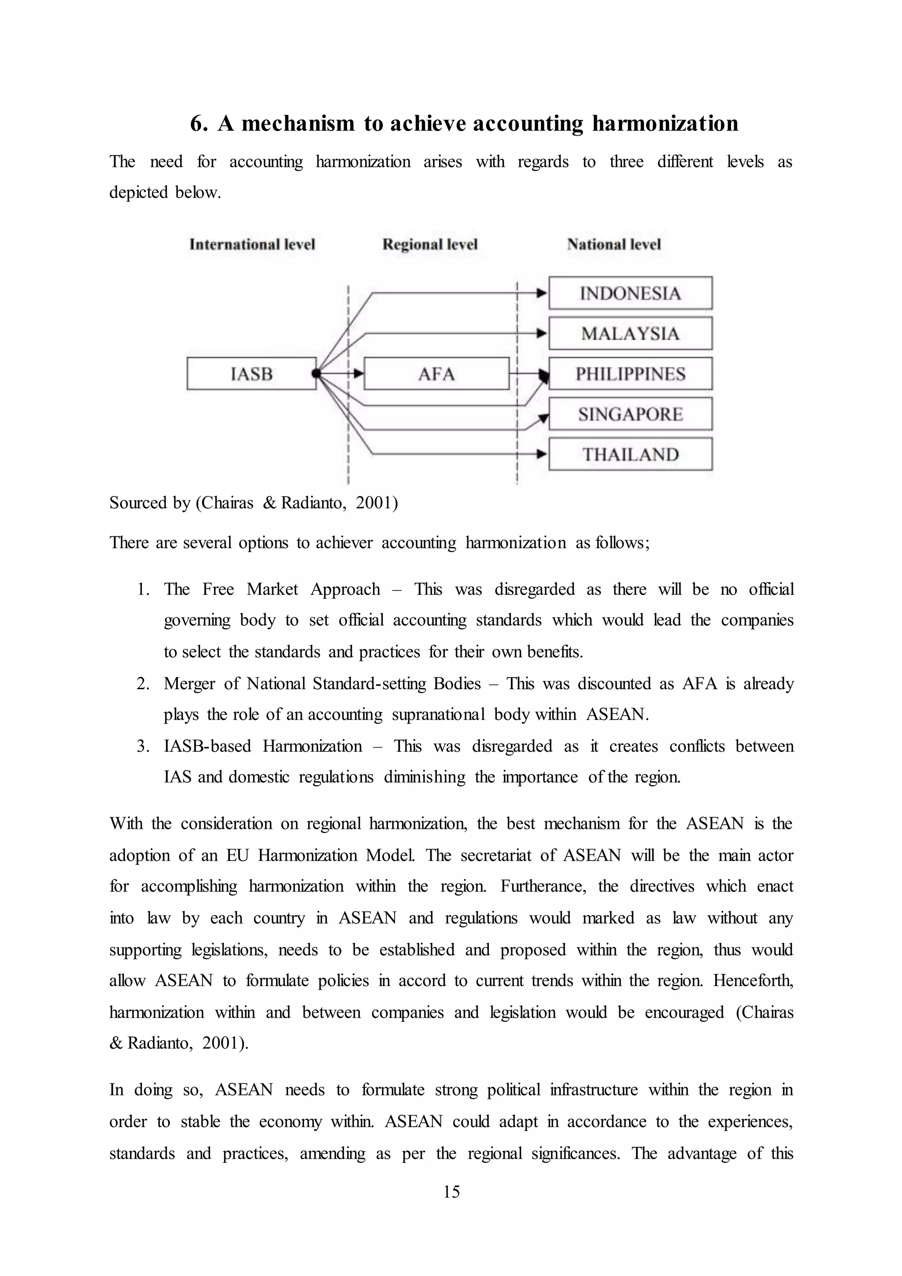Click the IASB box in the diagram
click(x=251, y=374)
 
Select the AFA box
click(x=436, y=374)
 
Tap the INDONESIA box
click(x=630, y=293)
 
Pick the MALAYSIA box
click(x=630, y=334)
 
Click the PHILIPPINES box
click(x=630, y=374)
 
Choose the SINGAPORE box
click(x=630, y=414)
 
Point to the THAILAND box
click(x=630, y=454)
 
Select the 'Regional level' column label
click(x=430, y=245)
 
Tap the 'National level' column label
click(x=614, y=245)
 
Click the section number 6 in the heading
click(x=198, y=123)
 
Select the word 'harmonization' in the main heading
click(x=665, y=123)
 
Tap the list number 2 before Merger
click(x=143, y=683)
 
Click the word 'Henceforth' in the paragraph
click(x=753, y=980)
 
